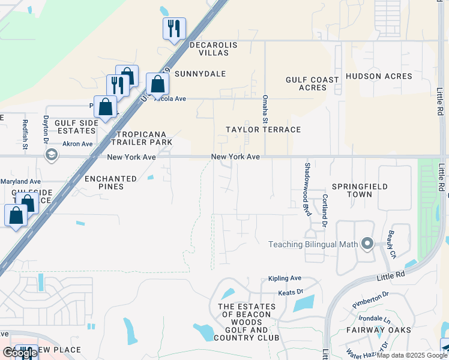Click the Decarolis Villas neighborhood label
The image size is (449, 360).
click(x=209, y=49)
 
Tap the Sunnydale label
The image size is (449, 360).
click(x=205, y=74)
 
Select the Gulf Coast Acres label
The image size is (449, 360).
click(x=306, y=83)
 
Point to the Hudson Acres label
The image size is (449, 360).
click(x=379, y=76)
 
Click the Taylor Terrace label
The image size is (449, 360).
click(x=263, y=130)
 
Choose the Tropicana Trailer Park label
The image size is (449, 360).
click(x=144, y=138)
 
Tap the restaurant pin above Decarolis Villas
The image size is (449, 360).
click(x=174, y=28)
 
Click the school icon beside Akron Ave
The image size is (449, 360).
click(x=52, y=155)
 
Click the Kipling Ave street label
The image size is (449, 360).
click(x=285, y=278)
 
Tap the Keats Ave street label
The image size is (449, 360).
click(x=291, y=293)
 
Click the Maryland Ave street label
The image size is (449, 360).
click(x=20, y=181)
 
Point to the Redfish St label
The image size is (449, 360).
click(x=25, y=134)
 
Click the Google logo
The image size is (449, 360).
click(x=20, y=353)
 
